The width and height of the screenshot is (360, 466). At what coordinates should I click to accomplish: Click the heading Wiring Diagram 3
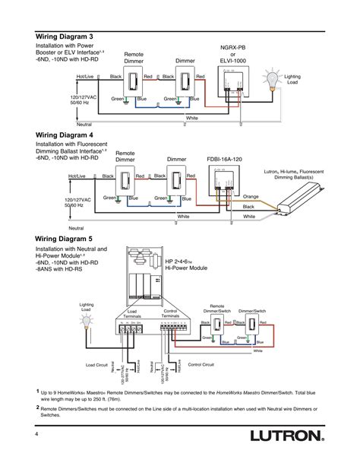pyautogui.click(x=71, y=36)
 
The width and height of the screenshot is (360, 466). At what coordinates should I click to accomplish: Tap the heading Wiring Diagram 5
pyautogui.click(x=71, y=237)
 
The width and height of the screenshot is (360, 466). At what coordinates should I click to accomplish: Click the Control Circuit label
pyautogui.click(x=203, y=364)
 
